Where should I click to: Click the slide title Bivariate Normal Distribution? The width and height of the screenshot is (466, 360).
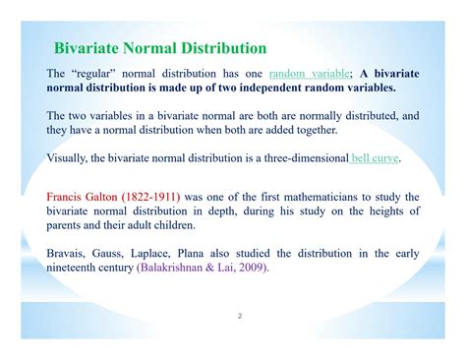click(159, 47)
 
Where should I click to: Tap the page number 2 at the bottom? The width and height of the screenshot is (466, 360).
click(238, 317)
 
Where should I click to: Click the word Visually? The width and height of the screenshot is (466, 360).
click(70, 157)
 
